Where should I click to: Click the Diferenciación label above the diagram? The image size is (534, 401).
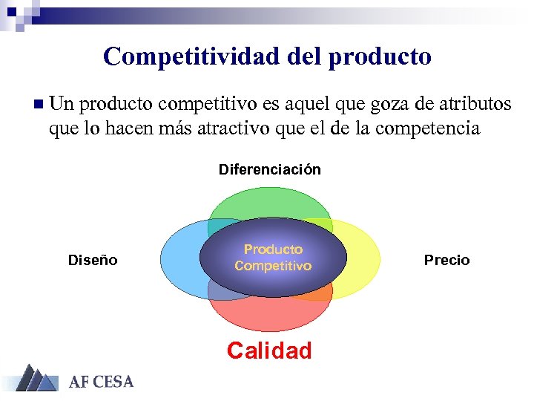pos(269,169)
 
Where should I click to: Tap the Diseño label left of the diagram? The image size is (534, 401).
pos(93,260)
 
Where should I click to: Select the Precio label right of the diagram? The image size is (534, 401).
pos(446,260)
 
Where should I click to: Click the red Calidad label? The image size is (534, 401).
pos(269,351)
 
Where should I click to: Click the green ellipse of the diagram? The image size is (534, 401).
pos(269,195)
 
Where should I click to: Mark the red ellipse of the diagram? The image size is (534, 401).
pos(269,315)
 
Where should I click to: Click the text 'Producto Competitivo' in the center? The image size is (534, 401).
pos(273,257)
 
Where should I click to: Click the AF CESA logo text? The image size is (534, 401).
pos(102,382)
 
